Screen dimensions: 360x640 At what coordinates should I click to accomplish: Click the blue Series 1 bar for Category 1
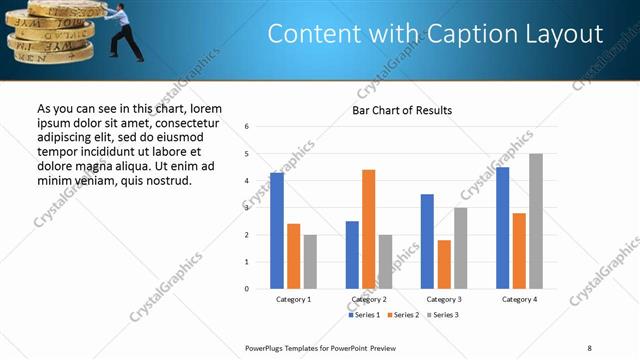[x=277, y=231]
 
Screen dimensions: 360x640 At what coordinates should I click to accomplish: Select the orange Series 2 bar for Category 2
[x=368, y=229]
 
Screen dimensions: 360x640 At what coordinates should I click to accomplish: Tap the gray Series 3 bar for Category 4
[x=536, y=221]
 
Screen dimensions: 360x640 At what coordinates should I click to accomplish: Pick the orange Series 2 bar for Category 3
[x=444, y=264]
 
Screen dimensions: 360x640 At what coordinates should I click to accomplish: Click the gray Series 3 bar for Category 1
[x=310, y=262]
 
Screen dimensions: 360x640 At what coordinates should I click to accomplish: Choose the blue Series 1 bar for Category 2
[x=352, y=255]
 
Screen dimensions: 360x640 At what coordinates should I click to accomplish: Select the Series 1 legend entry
[x=364, y=315]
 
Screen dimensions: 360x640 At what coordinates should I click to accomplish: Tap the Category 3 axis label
[x=444, y=299]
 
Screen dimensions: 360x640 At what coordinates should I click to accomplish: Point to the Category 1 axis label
[x=293, y=299]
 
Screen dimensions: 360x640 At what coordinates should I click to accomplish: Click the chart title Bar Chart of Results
[x=402, y=110]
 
